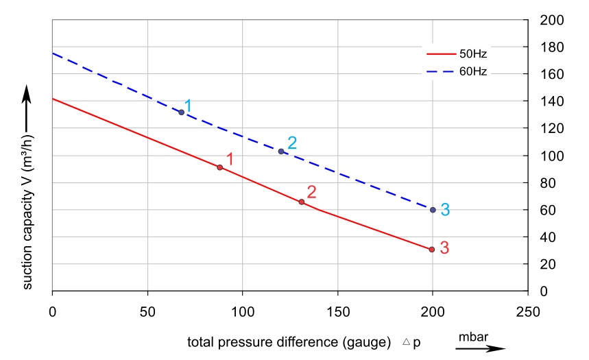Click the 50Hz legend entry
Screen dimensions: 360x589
(457, 52)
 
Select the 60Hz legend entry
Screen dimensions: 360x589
(457, 71)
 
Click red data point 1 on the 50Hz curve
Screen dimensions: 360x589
(219, 167)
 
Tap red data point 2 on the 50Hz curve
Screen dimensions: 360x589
(302, 202)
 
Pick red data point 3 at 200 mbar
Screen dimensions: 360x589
(432, 250)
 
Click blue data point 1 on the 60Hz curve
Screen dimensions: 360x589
(181, 112)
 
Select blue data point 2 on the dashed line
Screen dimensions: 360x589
(281, 151)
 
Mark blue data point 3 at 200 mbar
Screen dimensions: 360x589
(433, 210)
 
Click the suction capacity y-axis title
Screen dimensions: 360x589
(27, 211)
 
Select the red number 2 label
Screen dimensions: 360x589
(311, 192)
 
